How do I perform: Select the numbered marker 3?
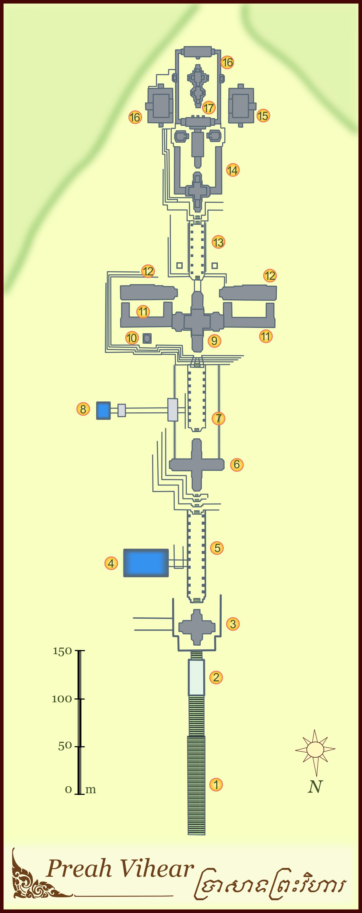point(233,624)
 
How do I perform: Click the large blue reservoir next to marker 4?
point(146,563)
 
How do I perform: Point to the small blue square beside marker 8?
point(103,411)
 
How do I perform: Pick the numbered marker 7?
point(219,418)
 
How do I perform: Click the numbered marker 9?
point(214,341)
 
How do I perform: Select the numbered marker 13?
point(218,242)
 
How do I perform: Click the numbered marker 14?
point(233,170)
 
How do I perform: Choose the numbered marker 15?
point(263,115)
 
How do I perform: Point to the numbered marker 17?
point(209,107)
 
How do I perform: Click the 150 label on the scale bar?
point(62,651)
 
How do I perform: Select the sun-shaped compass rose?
point(315,750)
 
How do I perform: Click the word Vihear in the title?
point(156,868)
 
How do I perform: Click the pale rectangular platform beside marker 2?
point(196,677)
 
